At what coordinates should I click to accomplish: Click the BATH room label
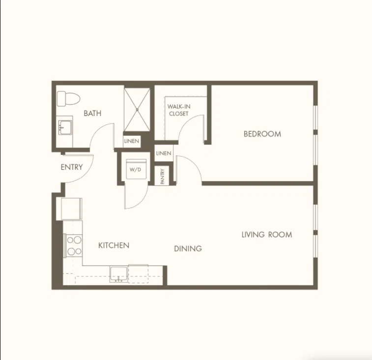coord(92,113)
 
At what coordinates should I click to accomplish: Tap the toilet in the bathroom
coord(68,98)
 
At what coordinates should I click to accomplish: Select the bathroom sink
coord(65,128)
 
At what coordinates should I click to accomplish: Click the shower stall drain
coord(137,110)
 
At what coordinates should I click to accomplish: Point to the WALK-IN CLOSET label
coord(179,110)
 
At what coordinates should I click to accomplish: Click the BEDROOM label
coord(262,134)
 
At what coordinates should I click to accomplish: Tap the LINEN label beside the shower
coord(131,141)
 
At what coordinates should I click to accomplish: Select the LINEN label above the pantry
coord(164,153)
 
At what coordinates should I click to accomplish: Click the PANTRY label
coord(163,176)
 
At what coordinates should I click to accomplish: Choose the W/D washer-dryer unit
coord(136,169)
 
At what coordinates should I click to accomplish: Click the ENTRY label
coord(72,167)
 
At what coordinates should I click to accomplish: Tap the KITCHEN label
coord(114,245)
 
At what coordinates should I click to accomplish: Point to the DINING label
coord(188,249)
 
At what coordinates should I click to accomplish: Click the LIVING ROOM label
coord(267,235)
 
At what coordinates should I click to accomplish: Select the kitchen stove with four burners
coord(73,245)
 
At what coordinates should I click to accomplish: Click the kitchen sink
coord(118,274)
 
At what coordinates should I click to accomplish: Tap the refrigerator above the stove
coord(71,209)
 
